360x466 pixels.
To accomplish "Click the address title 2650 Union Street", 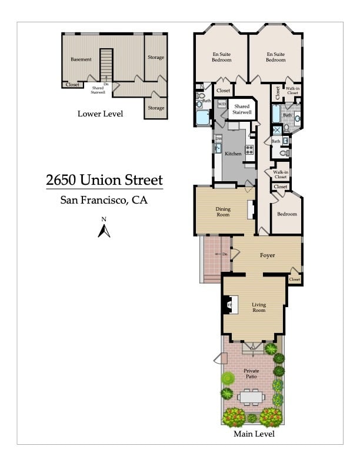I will pos(104,179).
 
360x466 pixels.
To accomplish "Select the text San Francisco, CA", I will pos(104,200).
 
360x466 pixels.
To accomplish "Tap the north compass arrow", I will pos(104,230).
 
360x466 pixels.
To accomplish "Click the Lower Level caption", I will pos(100,114).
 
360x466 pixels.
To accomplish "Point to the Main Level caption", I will pos(253,434).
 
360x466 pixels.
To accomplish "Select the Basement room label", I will pos(81,59).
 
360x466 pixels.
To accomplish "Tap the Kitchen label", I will pos(233,154).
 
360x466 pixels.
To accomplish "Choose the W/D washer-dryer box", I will pos(222,104).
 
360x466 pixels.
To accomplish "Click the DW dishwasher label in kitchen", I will pos(218,139).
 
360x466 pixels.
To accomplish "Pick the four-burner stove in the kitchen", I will pos(249,149).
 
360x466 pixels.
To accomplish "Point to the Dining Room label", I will pos(223,212).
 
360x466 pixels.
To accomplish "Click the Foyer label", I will pos(268,255).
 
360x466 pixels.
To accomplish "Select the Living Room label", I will pos(259,307).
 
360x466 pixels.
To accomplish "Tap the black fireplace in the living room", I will pos(227,305).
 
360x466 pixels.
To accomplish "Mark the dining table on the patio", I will pos(252,398).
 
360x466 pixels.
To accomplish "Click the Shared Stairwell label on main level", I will pos(242,109).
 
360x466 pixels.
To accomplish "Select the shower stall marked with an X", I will pos(276,130).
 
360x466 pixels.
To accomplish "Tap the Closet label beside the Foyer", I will pos(295,279).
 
